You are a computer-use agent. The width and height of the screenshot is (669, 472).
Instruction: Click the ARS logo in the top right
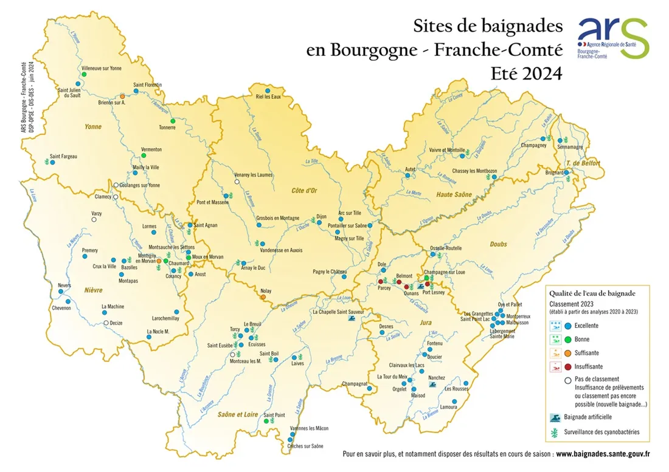[x=613, y=38]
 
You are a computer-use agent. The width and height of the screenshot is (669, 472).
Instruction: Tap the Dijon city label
[x=322, y=216]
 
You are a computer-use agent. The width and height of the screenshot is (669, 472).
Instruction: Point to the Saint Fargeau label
[x=64, y=156]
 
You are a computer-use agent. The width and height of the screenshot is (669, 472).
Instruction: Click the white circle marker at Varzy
[x=94, y=220]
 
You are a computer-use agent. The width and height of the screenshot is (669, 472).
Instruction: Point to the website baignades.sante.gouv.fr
[x=603, y=453]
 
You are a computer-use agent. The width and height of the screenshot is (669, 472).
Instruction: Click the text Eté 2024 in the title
[x=526, y=73]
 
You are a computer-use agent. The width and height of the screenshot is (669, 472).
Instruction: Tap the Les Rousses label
[x=457, y=388]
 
